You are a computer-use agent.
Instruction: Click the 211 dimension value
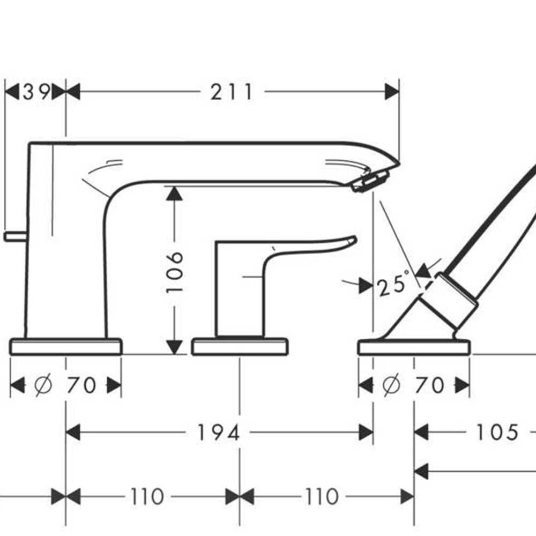[231, 92]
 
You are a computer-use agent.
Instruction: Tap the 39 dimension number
[36, 92]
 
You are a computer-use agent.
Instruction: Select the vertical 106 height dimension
[175, 271]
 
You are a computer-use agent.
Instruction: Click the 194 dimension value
[219, 433]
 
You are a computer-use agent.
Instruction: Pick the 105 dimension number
[497, 432]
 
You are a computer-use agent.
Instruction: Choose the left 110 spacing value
[147, 497]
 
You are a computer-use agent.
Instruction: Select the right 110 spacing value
[322, 497]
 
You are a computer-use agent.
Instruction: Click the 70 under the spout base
[81, 385]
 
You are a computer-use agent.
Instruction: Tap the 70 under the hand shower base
[429, 385]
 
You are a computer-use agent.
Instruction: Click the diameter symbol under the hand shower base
[392, 385]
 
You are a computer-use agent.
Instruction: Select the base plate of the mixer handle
[240, 346]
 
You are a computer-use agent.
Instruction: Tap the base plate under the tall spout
[65, 346]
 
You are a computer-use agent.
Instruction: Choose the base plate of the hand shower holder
[414, 347]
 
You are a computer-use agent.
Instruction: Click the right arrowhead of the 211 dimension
[392, 92]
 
